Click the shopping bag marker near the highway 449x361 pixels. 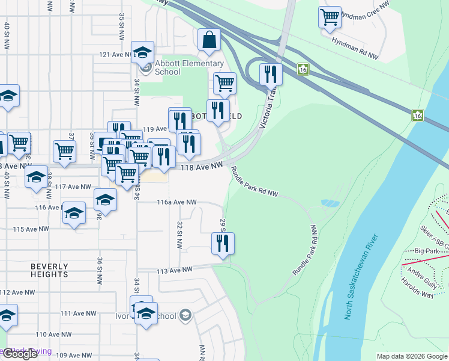tap(209, 40)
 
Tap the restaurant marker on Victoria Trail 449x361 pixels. tap(271, 75)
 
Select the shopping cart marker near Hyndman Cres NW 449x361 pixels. tap(330, 17)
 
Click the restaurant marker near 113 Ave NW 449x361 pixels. tap(223, 244)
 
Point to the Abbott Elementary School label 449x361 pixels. tap(180, 68)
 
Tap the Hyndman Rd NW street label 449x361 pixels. tap(355, 48)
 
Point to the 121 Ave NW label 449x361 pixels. tap(112, 55)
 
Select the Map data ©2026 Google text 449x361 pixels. tap(411, 356)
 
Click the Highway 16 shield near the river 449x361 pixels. tap(417, 114)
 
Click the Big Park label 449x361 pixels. tap(427, 250)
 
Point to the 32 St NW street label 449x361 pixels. tap(179, 235)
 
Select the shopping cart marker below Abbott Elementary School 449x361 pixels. tap(224, 84)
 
